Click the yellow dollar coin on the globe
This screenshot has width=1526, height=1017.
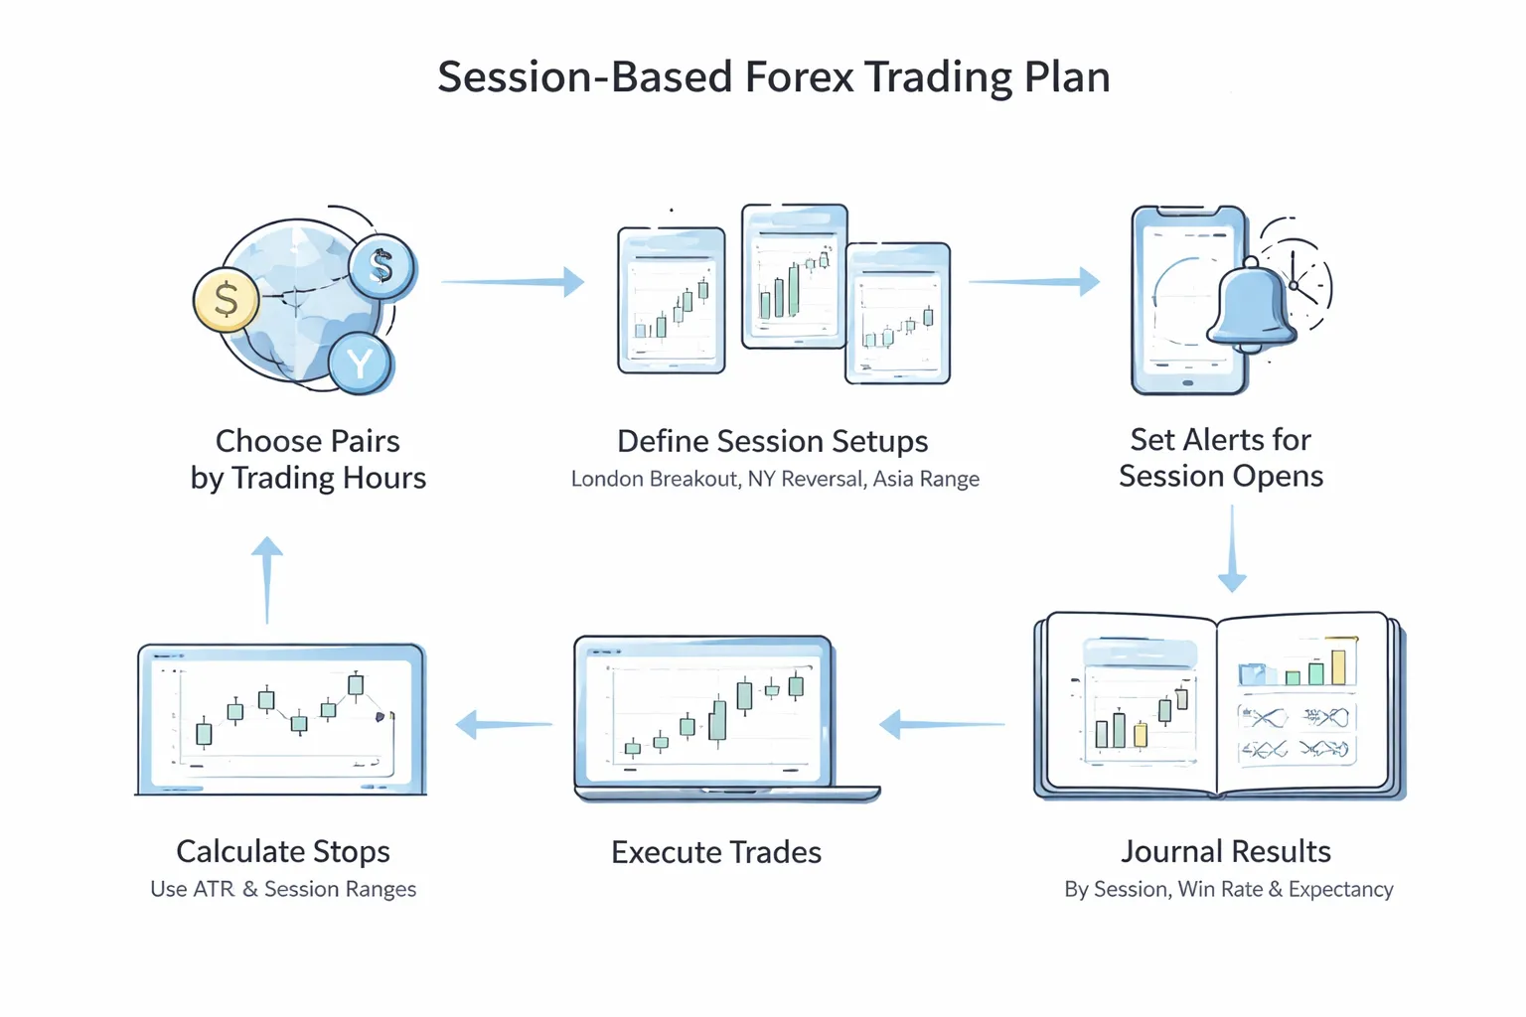227,300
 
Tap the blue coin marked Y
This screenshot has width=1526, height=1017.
361,363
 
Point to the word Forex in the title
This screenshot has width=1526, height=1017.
798,77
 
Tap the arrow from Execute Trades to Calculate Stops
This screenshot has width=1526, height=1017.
503,724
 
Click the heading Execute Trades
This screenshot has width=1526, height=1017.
715,852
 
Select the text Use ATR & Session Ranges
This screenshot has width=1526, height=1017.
283,889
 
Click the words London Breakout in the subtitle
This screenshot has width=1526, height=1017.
654,479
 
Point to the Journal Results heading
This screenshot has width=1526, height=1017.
1225,851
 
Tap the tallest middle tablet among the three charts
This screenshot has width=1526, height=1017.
794,277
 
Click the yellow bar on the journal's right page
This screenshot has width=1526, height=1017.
1338,666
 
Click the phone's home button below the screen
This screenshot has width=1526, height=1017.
1187,382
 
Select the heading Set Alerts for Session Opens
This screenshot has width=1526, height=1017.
1221,458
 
